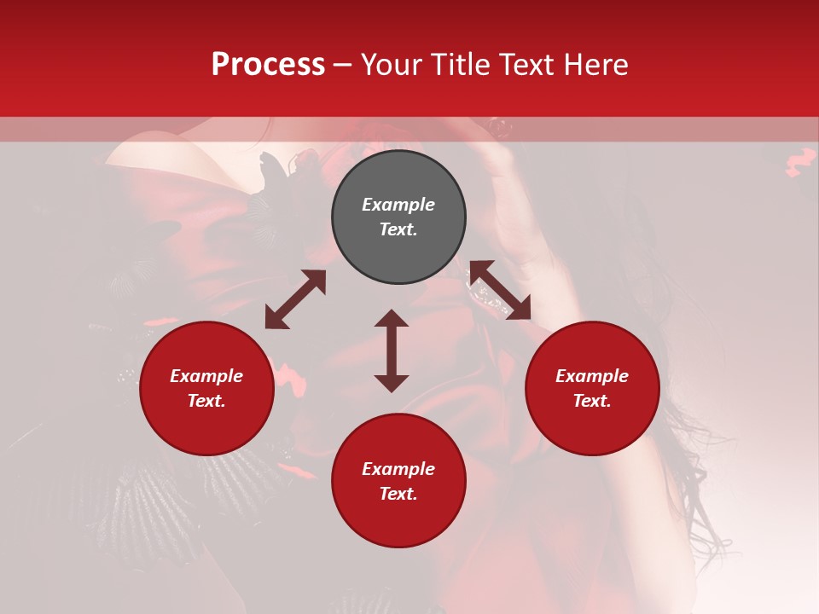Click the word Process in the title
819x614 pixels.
268,65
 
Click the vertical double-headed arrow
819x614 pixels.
392,350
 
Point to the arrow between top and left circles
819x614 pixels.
295,299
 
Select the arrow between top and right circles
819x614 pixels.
500,290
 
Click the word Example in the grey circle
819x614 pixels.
398,205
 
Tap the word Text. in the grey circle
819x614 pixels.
398,229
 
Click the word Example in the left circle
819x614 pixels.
206,376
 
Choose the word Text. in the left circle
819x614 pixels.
206,401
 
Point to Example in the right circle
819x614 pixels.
592,376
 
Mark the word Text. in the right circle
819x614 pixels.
592,401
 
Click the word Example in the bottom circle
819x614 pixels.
398,469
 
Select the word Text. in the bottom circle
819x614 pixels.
398,494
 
